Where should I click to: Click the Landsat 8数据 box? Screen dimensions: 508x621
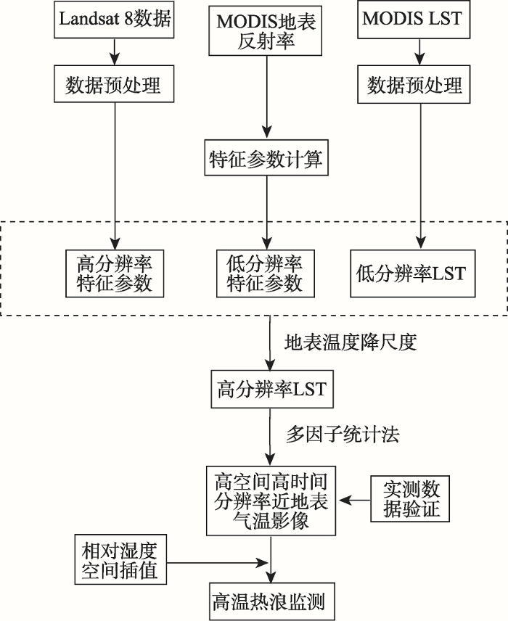[x=114, y=19]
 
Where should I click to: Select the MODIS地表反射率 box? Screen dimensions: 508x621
[x=265, y=30]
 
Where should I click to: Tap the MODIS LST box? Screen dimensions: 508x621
[x=414, y=20]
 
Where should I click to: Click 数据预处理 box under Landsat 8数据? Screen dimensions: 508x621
[x=114, y=84]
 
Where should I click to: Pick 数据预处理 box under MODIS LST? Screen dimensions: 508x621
[x=414, y=85]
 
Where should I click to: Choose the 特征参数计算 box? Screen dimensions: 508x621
[x=266, y=157]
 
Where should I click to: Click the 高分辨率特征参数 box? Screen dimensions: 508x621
[x=115, y=274]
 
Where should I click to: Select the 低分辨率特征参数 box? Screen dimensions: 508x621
[x=266, y=274]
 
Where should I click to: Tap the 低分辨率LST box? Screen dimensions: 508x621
[x=412, y=274]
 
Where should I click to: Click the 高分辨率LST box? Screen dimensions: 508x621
[x=272, y=390]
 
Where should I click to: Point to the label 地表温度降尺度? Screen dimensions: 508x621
[x=351, y=342]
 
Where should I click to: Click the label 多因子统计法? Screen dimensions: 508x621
[x=343, y=435]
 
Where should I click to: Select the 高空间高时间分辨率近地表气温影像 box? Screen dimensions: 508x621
[x=271, y=501]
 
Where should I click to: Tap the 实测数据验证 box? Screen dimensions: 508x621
[x=410, y=499]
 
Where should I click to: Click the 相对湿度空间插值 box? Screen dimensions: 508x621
[x=120, y=559]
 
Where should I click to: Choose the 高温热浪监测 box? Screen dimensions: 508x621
[x=272, y=601]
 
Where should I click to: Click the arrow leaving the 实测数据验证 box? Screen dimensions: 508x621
[x=355, y=500]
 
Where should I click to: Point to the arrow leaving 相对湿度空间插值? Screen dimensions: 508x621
[x=217, y=562]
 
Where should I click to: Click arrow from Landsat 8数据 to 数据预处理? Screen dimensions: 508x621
[x=115, y=52]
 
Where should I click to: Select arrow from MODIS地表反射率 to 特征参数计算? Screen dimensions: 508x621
[x=267, y=97]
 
